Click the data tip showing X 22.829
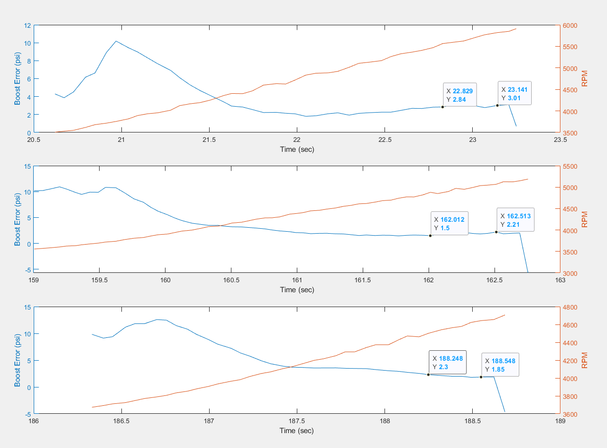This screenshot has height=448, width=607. [460, 95]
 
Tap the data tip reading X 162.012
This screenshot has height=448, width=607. [448, 224]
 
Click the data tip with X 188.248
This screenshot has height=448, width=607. [447, 362]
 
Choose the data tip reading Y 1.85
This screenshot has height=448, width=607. [500, 365]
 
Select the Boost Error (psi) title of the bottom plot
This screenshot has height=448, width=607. [17, 361]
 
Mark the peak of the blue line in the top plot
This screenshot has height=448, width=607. [116, 41]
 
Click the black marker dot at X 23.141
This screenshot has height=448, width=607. [497, 105]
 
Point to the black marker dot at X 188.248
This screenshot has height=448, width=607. [429, 375]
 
